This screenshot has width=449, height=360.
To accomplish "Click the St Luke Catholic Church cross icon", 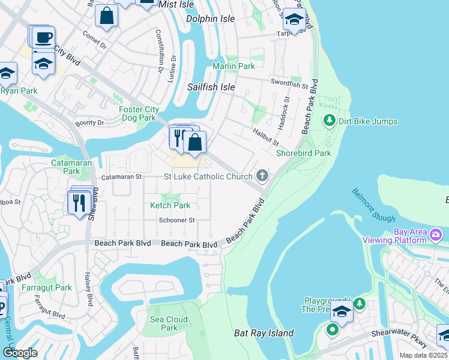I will tap(262, 176).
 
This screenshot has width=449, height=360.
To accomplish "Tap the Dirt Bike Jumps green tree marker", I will tap(329, 121).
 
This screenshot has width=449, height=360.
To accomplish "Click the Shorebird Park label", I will tap(303, 153).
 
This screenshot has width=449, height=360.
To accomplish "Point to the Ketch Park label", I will tap(170, 205).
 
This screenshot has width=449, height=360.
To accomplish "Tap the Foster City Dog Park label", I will tap(137, 113).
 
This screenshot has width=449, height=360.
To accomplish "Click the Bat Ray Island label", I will tap(264, 333).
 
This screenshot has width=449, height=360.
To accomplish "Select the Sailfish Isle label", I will tap(211, 87).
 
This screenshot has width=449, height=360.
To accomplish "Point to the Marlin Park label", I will tap(234, 66).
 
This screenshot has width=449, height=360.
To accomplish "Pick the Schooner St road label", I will tap(176, 220).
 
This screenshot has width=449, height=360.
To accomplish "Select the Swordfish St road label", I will tap(289, 83).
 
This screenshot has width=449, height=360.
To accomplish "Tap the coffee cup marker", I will tap(44, 37).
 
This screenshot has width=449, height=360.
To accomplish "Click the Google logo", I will tap(20, 352).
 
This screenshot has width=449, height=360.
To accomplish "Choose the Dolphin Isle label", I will tap(210, 19).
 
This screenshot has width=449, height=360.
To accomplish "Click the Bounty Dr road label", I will tap(89, 123).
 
